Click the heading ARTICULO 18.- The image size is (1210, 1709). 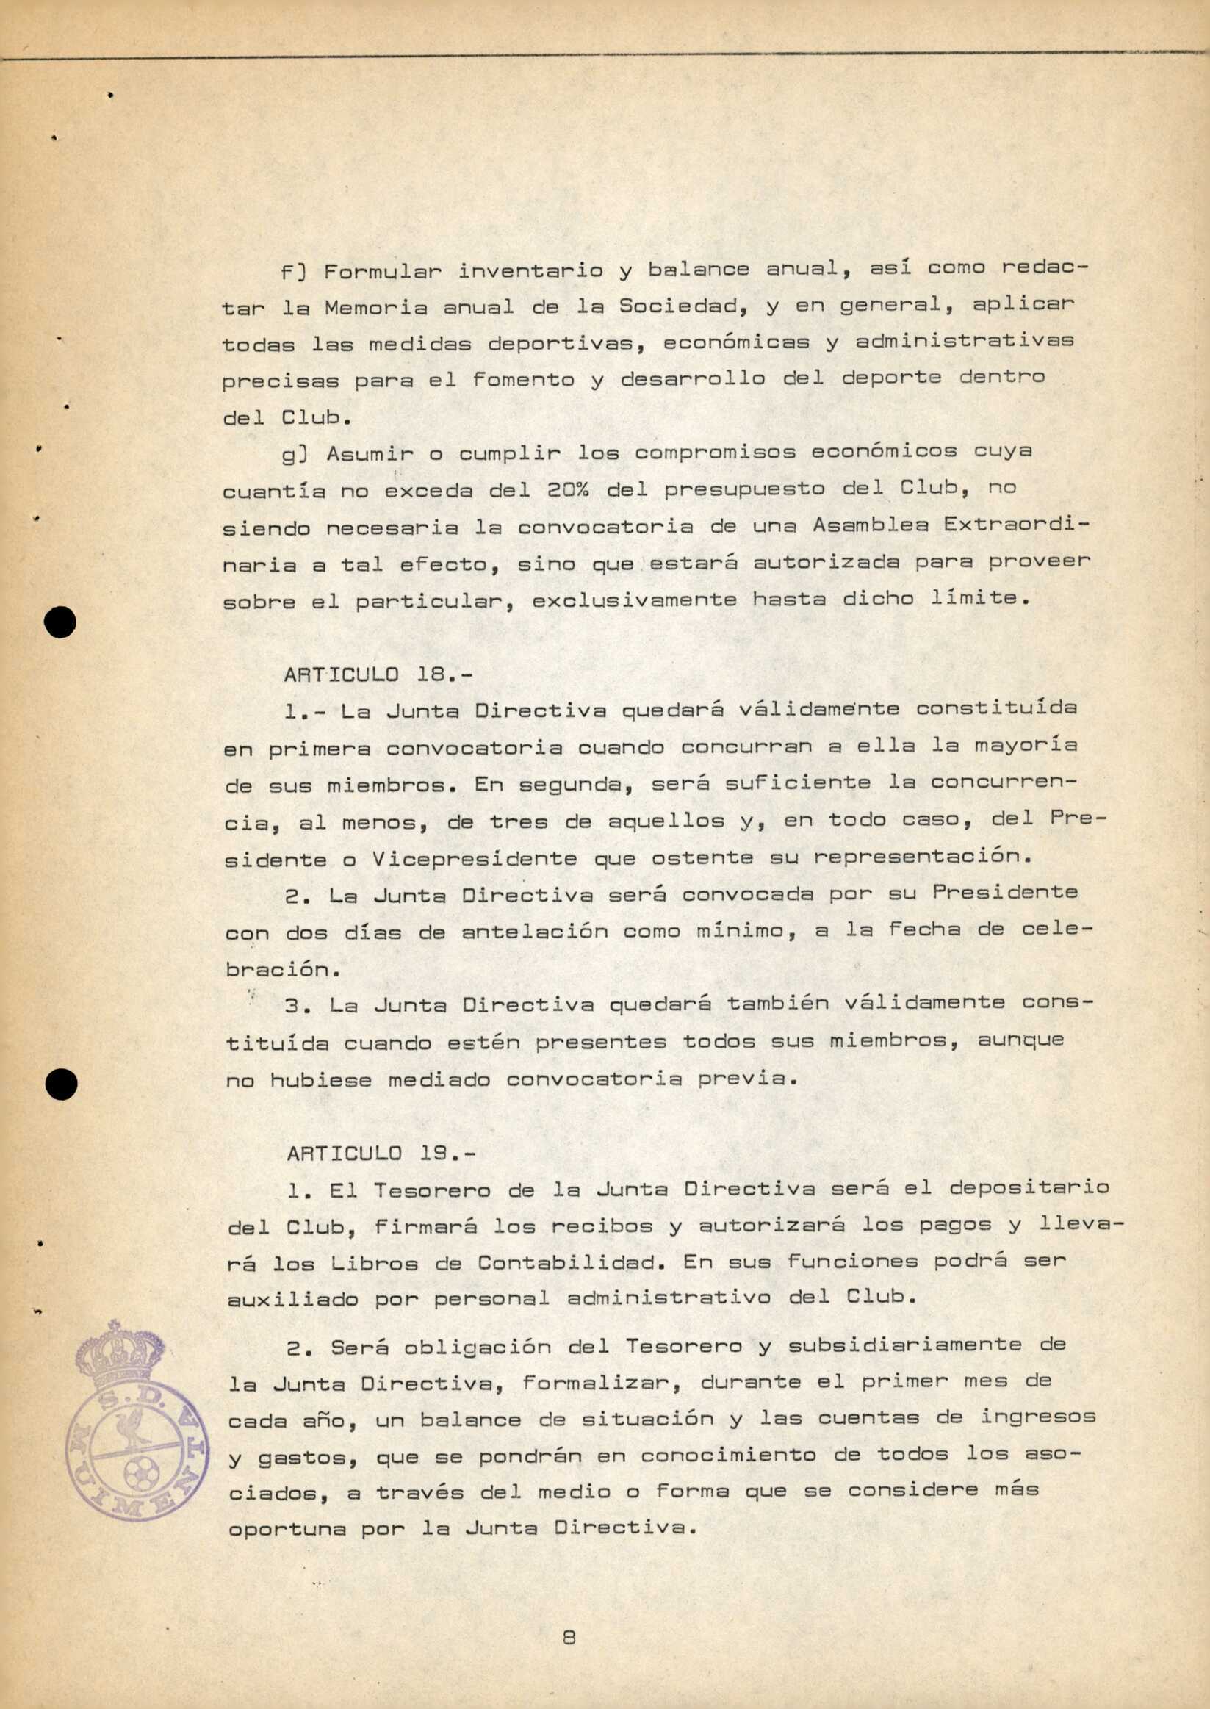click(378, 675)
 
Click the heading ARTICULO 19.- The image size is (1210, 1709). click(381, 1154)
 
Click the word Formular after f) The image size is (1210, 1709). click(382, 270)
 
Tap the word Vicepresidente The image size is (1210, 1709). click(475, 859)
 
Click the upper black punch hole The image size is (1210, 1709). click(60, 622)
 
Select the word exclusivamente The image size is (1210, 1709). click(634, 600)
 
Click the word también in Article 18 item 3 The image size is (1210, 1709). click(778, 1003)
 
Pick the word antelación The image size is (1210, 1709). click(534, 932)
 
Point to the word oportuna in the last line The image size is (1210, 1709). click(287, 1530)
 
